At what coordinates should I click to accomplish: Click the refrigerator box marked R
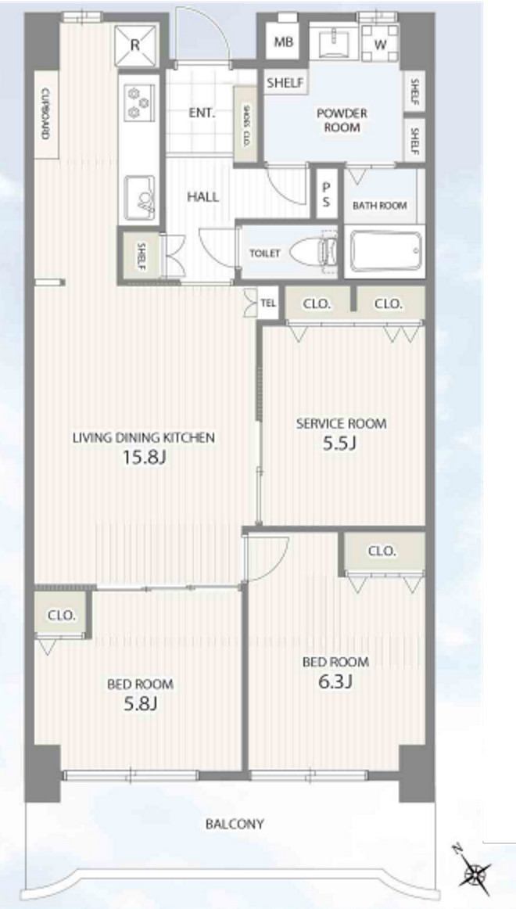coord(135,45)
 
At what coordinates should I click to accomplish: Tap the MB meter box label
coord(283,41)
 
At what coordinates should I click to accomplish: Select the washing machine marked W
coord(380,44)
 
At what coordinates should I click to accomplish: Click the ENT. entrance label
coord(202,113)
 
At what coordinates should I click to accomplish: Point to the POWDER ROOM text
coord(342,120)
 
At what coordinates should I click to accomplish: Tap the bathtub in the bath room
coord(385,250)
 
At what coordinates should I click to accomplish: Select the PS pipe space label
coord(327,194)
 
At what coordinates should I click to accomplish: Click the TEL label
coord(268,304)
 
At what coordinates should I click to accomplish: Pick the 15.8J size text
coord(144,458)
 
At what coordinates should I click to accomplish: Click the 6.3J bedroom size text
coord(335,682)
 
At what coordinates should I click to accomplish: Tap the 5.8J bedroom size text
coord(140,704)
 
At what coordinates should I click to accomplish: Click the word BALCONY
coord(235,824)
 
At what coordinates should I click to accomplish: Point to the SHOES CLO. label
coord(245,124)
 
